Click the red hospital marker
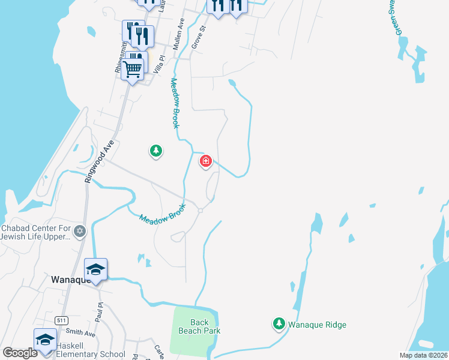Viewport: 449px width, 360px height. point(205,161)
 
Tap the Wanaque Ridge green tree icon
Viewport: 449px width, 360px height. point(279,324)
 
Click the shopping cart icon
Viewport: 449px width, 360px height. point(133,68)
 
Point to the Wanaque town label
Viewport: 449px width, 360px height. point(70,280)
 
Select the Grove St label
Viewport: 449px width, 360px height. point(198,37)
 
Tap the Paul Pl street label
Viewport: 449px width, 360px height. point(100,313)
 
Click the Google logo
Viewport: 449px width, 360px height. point(20,353)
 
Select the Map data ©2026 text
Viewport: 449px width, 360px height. point(423,355)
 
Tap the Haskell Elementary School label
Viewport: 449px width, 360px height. point(90,354)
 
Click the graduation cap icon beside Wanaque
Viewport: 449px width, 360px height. point(96,269)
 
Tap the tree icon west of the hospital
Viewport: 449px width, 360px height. point(156,151)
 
